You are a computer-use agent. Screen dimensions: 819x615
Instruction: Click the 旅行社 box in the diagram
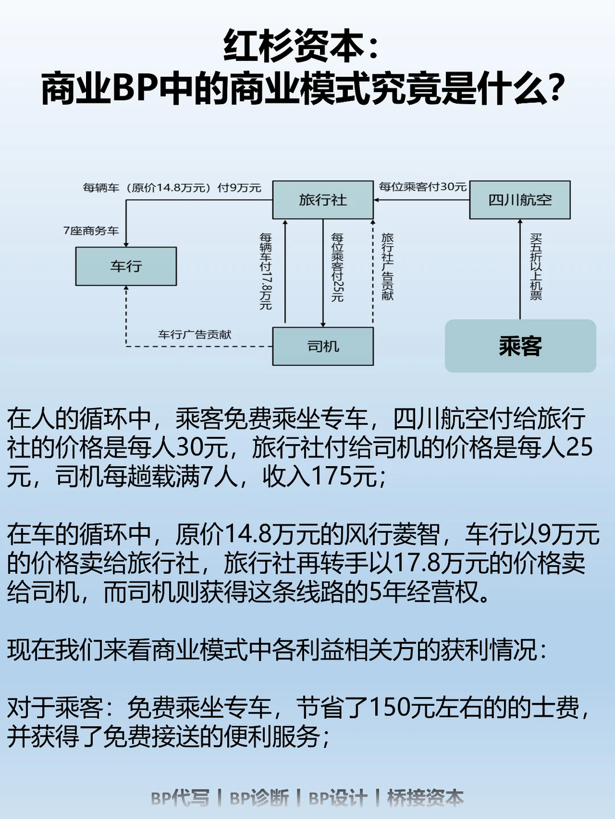pos(323,200)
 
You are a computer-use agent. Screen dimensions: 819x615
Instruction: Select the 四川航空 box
pos(519,200)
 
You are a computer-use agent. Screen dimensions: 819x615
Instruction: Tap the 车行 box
pos(126,266)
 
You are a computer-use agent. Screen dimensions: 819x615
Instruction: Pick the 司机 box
pos(323,346)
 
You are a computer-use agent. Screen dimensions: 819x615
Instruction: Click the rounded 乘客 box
pos(520,346)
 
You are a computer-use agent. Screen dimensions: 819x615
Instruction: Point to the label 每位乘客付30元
pos(423,187)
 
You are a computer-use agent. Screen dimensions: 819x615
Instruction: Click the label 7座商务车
pos(91,231)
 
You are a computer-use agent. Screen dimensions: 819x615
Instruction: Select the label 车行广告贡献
pos(195,335)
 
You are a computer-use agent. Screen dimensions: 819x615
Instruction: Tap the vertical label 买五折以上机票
pos(536,266)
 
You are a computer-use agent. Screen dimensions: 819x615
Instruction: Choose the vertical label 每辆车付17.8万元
pos(266,271)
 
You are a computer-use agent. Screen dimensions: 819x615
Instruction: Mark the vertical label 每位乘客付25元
pos(338,267)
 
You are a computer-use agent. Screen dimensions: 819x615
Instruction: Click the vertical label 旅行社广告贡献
pos(388,266)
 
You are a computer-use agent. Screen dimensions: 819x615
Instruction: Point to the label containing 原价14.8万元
pos(172,188)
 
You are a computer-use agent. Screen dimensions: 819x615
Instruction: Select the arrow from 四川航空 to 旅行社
pos(421,200)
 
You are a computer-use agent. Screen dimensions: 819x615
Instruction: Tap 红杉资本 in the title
pos(294,46)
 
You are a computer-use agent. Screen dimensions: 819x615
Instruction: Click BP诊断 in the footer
pos(259,798)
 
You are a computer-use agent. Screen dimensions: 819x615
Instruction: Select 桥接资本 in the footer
pos(425,798)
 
